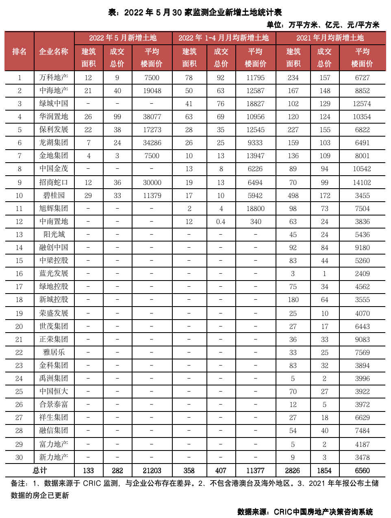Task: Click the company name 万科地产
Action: coord(54,78)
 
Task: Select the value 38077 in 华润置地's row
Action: coord(152,117)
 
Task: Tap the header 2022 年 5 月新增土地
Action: coord(123,38)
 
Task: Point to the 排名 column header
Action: coord(20,52)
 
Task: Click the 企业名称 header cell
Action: coord(54,52)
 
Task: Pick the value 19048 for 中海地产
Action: coord(152,91)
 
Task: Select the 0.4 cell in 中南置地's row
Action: coord(221,222)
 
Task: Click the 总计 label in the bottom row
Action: coord(40,470)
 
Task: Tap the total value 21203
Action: coord(152,470)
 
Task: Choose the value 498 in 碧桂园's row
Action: coord(293,196)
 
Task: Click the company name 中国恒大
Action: coord(54,392)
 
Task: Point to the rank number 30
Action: coord(19,457)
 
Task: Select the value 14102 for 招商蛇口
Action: coord(362,183)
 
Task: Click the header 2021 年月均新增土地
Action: coord(330,38)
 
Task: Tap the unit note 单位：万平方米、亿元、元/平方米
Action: coord(323,25)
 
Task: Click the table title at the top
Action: coord(195,12)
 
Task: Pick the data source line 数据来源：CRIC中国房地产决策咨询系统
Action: coord(305,511)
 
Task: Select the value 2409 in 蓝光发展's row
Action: coord(362,274)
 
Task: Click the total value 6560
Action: coord(362,470)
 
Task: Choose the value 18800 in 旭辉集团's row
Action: coord(255,209)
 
